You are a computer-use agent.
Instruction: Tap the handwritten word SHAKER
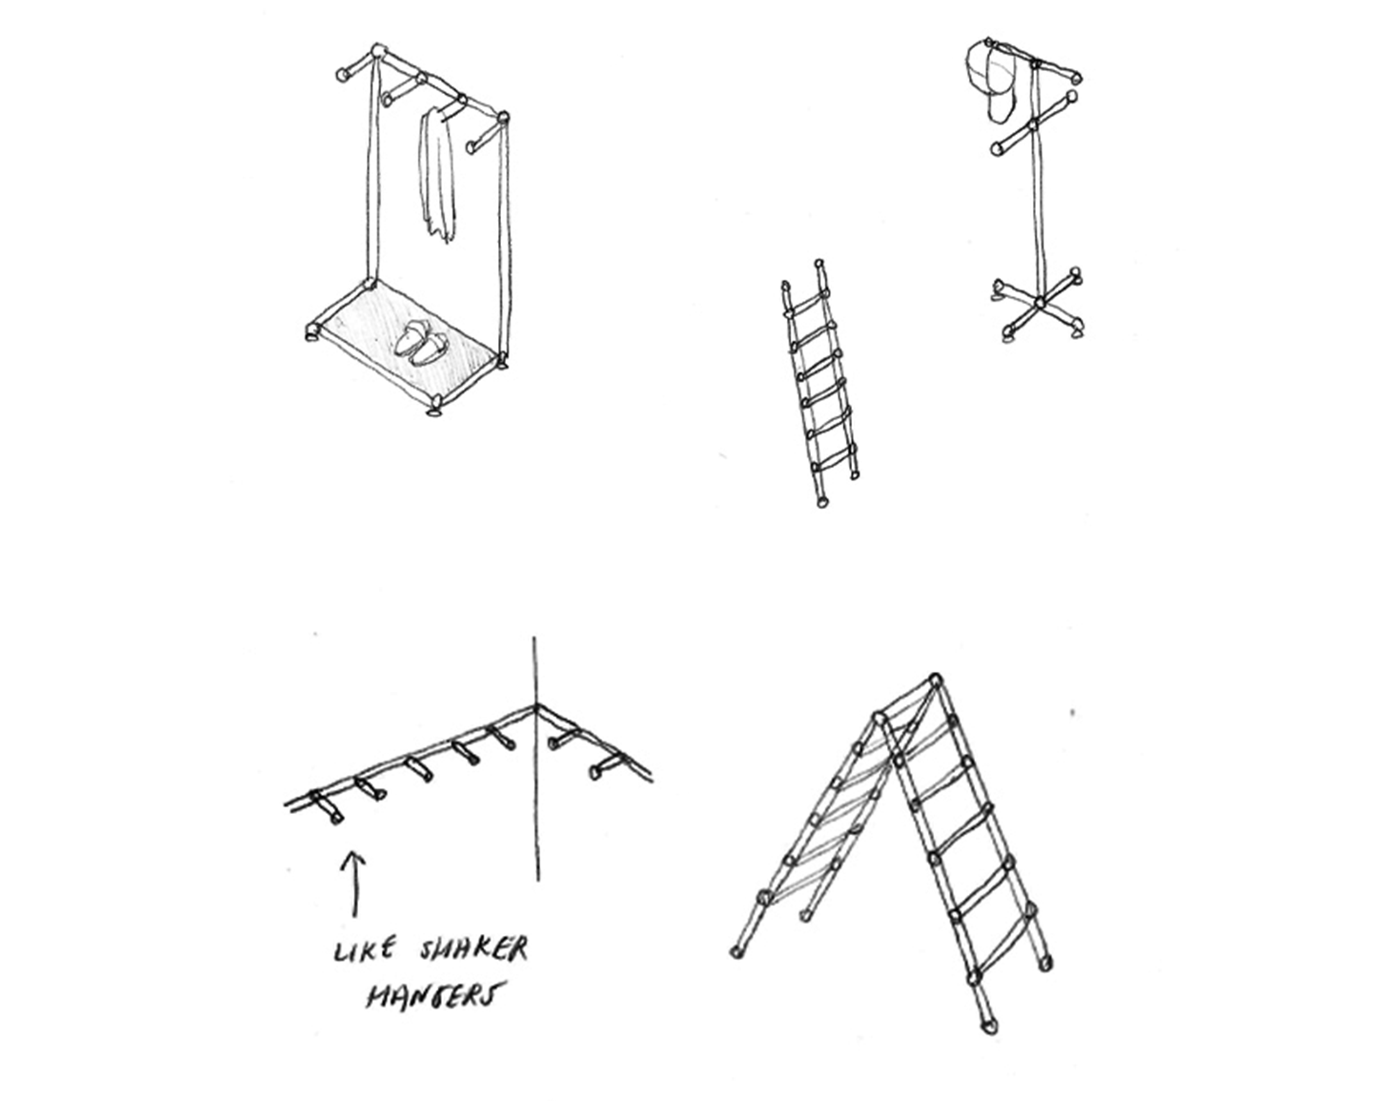[x=474, y=949]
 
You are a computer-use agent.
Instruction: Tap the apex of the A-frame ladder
[x=935, y=680]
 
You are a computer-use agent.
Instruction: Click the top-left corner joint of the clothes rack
[x=379, y=51]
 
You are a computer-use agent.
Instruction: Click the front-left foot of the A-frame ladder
[x=737, y=952]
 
